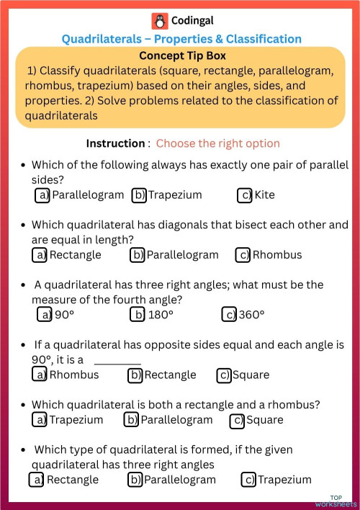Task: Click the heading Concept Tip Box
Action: pos(182,55)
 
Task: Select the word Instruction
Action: pos(115,143)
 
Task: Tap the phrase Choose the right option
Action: pos(217,143)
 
